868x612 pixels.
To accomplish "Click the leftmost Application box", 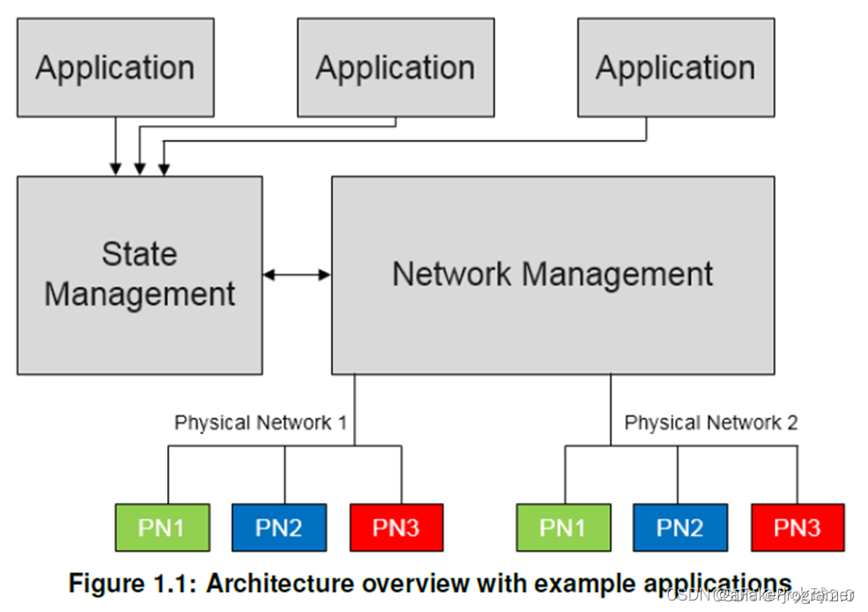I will point(115,68).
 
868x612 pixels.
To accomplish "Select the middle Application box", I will point(395,68).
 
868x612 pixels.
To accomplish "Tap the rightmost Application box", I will point(675,68).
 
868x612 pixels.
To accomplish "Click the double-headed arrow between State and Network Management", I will point(297,275).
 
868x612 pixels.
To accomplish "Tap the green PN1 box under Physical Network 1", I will point(162,527).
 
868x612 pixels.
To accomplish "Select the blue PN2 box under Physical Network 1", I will point(279,527).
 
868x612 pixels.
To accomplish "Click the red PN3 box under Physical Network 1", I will point(396,527).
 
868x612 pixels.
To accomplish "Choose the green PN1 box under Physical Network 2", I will point(563,527).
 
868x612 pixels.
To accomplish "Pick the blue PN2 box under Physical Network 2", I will point(680,527).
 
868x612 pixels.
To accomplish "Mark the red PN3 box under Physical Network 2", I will point(798,527).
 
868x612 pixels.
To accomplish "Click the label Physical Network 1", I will point(261,423).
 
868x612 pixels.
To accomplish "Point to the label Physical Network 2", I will point(711,423).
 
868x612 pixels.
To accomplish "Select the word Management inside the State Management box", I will point(139,294).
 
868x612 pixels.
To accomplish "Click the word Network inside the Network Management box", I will point(452,274).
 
